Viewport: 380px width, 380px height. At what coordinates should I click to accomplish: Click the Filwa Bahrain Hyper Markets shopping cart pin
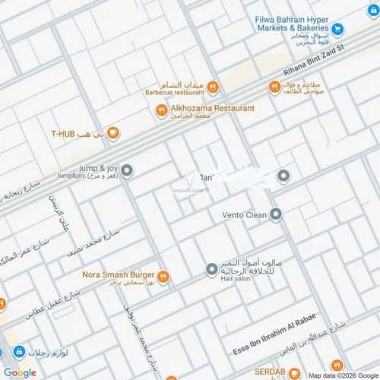pyautogui.click(x=339, y=30)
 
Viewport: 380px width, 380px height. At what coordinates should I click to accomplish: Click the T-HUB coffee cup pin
pyautogui.click(x=112, y=134)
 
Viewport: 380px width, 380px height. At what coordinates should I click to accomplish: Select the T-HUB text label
pyautogui.click(x=65, y=134)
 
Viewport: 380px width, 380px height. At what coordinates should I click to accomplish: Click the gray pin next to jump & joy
pyautogui.click(x=127, y=171)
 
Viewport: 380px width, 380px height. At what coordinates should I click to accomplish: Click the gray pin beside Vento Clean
pyautogui.click(x=275, y=214)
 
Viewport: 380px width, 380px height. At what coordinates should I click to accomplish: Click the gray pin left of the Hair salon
pyautogui.click(x=212, y=268)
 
